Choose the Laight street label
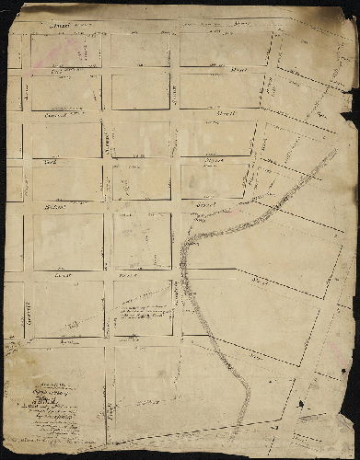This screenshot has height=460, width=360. click(63, 274)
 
